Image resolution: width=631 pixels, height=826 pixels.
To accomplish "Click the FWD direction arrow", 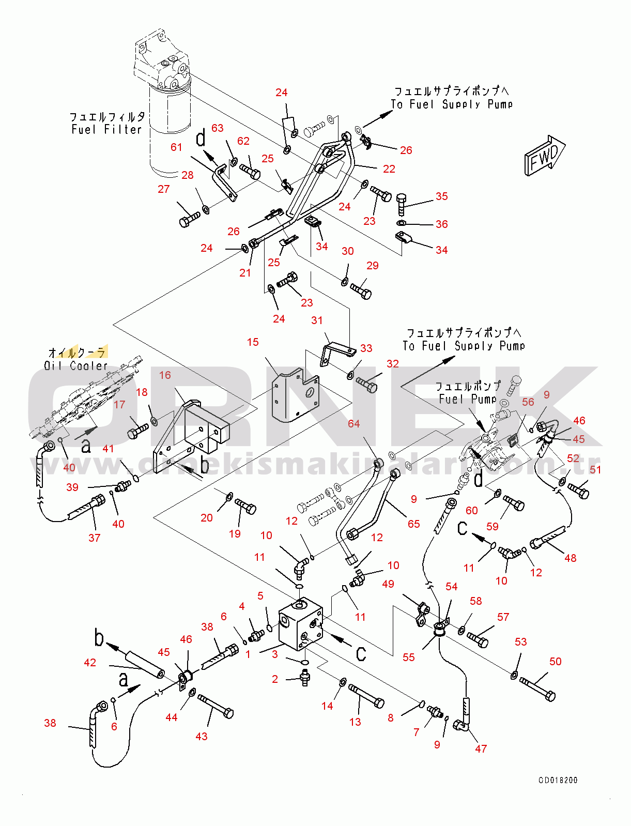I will tap(544, 156).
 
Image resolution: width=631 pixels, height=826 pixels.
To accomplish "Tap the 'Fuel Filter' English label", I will tap(106, 130).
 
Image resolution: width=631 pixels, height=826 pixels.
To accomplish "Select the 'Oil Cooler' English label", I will tap(75, 366).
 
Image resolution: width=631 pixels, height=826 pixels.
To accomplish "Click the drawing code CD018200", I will tap(558, 780).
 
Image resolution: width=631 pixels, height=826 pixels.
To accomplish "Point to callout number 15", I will tap(253, 342).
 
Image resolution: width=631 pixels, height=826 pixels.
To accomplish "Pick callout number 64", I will tap(353, 424).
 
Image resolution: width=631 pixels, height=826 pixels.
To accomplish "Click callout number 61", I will tap(176, 147).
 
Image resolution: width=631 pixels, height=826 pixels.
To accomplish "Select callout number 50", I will tap(556, 662).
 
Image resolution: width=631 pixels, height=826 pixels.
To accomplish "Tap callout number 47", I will tap(481, 748).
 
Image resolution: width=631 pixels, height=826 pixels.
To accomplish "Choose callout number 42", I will tap(90, 663).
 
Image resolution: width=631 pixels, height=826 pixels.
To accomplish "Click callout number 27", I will tap(164, 189).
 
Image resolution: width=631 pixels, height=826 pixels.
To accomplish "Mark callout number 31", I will tap(317, 320).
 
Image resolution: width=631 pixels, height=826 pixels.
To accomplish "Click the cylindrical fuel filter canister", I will tap(170, 129).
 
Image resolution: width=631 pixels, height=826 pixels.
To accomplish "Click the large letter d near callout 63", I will tap(201, 139).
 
